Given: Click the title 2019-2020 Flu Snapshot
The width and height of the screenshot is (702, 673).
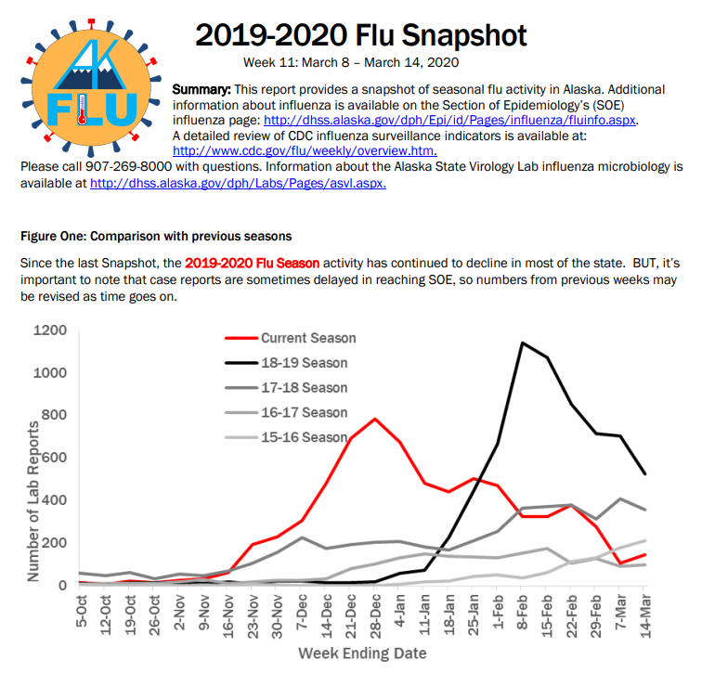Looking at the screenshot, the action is [x=361, y=35].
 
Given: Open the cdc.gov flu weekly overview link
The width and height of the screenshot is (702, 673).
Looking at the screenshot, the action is [x=305, y=150].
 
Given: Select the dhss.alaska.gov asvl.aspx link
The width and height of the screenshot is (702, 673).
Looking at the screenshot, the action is [x=238, y=184].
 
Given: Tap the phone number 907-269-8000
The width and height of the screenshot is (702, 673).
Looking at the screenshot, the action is [x=128, y=166].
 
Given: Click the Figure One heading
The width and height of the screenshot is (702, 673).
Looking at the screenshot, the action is [x=156, y=237].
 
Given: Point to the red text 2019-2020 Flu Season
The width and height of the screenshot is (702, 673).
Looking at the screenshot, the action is [x=252, y=263].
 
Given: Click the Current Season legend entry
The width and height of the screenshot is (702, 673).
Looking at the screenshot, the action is [x=291, y=338].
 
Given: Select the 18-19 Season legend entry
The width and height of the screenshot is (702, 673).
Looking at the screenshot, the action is [x=287, y=362].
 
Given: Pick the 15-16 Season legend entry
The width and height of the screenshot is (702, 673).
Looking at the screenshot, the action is [x=287, y=436].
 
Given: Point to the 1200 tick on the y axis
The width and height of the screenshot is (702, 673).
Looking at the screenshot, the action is [x=50, y=330].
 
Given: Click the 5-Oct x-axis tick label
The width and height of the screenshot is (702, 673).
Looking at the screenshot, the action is [x=82, y=611].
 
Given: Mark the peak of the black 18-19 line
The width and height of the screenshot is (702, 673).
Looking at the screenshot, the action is [x=523, y=343].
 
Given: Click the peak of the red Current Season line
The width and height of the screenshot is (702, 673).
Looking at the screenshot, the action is [x=375, y=419].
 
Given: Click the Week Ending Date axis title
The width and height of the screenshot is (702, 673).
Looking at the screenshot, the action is [x=362, y=654].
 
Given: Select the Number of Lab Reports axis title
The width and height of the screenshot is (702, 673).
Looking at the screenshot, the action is [x=33, y=501].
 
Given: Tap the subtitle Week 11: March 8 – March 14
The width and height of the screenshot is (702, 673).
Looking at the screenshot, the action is [x=351, y=62].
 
